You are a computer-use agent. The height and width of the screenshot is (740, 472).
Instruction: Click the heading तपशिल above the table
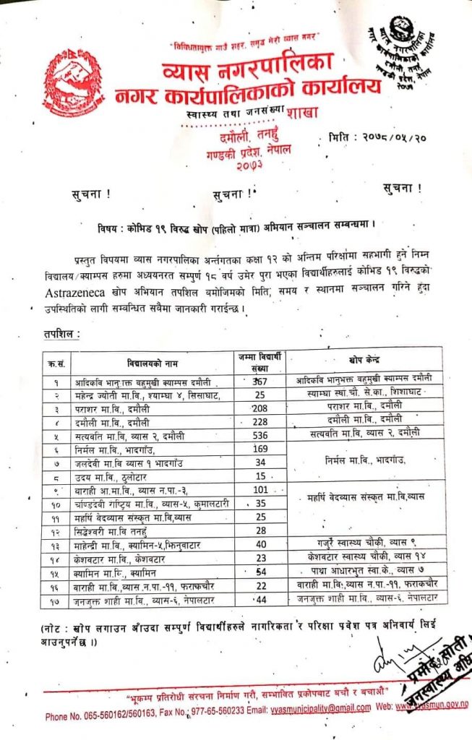[x=57, y=335]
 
